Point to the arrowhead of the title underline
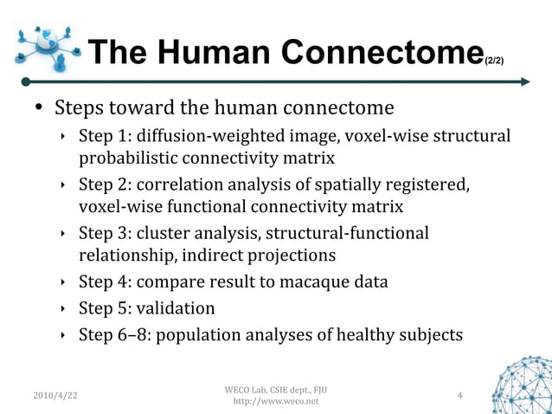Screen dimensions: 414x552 pos(524,82)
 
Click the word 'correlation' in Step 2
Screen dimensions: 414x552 pos(181,184)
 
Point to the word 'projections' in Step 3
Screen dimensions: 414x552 pos(290,256)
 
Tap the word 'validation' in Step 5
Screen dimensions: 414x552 pos(177,308)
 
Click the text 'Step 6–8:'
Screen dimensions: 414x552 pos(115,334)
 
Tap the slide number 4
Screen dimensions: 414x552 pos(459,396)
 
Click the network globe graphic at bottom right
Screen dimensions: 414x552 pos(522,385)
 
